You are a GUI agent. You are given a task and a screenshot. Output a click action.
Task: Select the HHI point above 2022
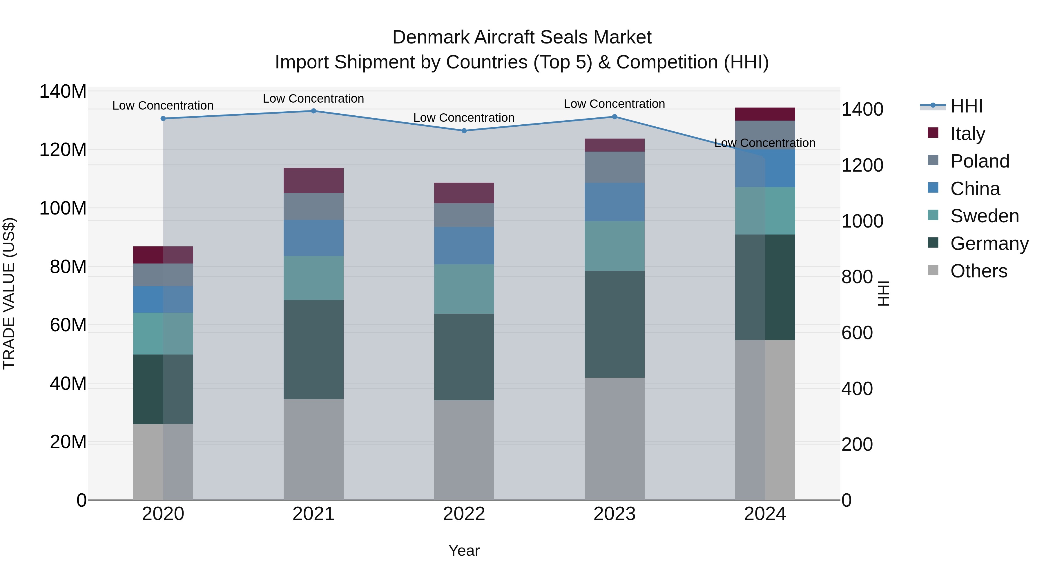(464, 131)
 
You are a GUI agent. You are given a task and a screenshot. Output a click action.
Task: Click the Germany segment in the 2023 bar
(615, 324)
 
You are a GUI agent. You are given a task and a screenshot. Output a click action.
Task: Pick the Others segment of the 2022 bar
(464, 450)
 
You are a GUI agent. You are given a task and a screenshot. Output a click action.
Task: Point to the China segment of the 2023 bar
(615, 202)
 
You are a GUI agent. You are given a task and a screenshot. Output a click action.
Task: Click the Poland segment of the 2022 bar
(464, 215)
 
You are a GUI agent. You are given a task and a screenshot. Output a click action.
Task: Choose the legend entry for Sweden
(984, 216)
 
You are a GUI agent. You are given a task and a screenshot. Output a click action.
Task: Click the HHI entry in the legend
(966, 106)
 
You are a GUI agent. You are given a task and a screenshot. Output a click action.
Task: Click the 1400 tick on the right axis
(862, 109)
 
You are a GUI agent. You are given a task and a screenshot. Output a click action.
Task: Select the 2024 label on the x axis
(765, 514)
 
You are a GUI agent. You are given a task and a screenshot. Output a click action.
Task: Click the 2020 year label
(163, 514)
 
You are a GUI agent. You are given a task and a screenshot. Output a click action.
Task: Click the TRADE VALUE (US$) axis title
(9, 293)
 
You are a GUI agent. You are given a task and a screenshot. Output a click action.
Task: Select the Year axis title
(464, 550)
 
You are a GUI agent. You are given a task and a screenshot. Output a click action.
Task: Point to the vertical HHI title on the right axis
(884, 293)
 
